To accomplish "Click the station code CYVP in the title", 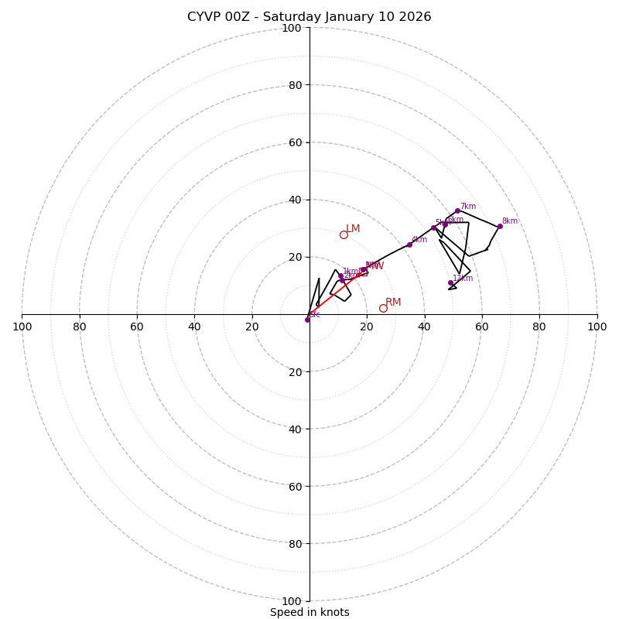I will click(204, 17).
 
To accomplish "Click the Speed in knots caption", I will click(309, 612).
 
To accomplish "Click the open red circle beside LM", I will click(344, 234).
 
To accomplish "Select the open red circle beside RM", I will click(383, 308).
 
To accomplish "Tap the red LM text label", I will click(353, 228).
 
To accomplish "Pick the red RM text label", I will click(393, 302).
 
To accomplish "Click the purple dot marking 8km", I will click(500, 226).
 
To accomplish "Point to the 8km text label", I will click(509, 221).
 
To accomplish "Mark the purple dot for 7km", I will click(457, 210).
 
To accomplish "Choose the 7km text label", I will click(467, 207).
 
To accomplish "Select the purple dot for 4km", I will click(409, 245).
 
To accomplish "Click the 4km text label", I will click(419, 240).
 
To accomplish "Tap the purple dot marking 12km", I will click(450, 282).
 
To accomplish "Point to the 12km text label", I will click(463, 279).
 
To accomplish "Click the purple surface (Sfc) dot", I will click(307, 320).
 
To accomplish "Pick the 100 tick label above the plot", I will click(291, 28).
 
